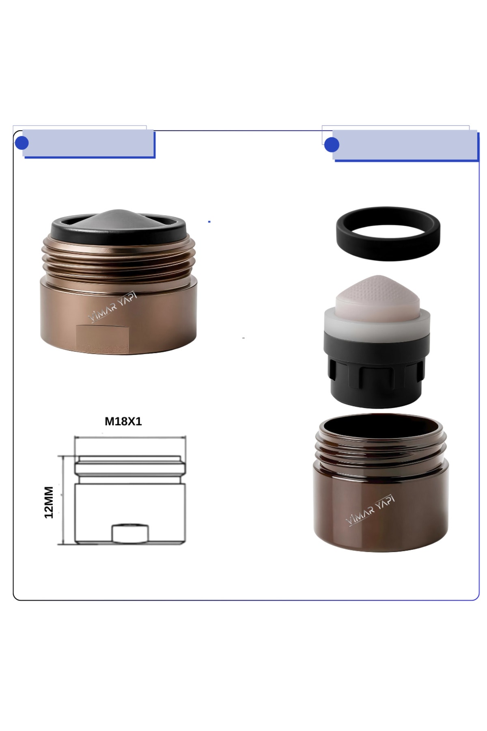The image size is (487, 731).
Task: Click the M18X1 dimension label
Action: pyautogui.click(x=123, y=422)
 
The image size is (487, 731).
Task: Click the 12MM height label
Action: pyautogui.click(x=49, y=502)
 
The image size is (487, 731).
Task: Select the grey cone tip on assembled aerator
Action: pyautogui.click(x=118, y=220)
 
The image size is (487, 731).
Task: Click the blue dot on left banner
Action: pyautogui.click(x=21, y=143)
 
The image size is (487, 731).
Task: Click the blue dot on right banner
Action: pyautogui.click(x=332, y=145)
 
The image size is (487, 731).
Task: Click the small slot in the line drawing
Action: pyautogui.click(x=130, y=534)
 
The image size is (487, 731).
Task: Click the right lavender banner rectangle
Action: pyautogui.click(x=406, y=145)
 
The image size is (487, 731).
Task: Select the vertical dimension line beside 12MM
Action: pyautogui.click(x=62, y=500)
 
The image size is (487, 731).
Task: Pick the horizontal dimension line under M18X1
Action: pyautogui.click(x=130, y=437)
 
